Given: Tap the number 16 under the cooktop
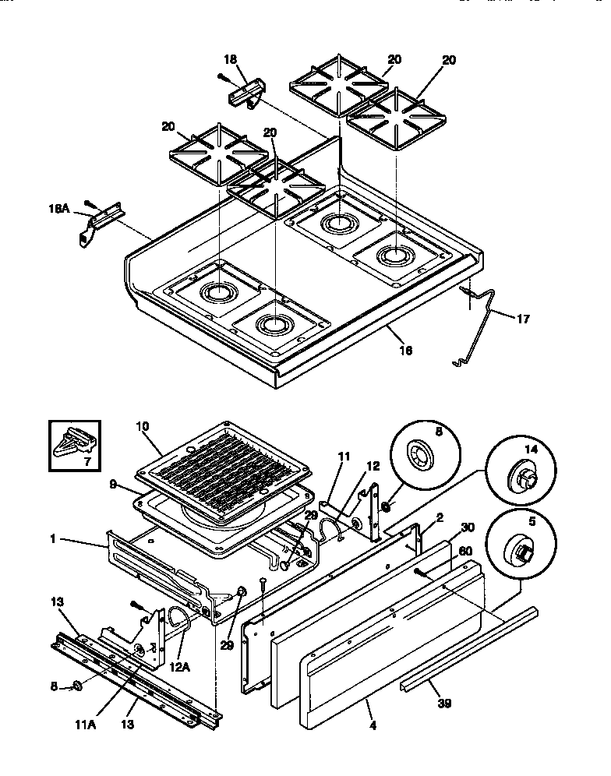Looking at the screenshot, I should (x=404, y=350).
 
